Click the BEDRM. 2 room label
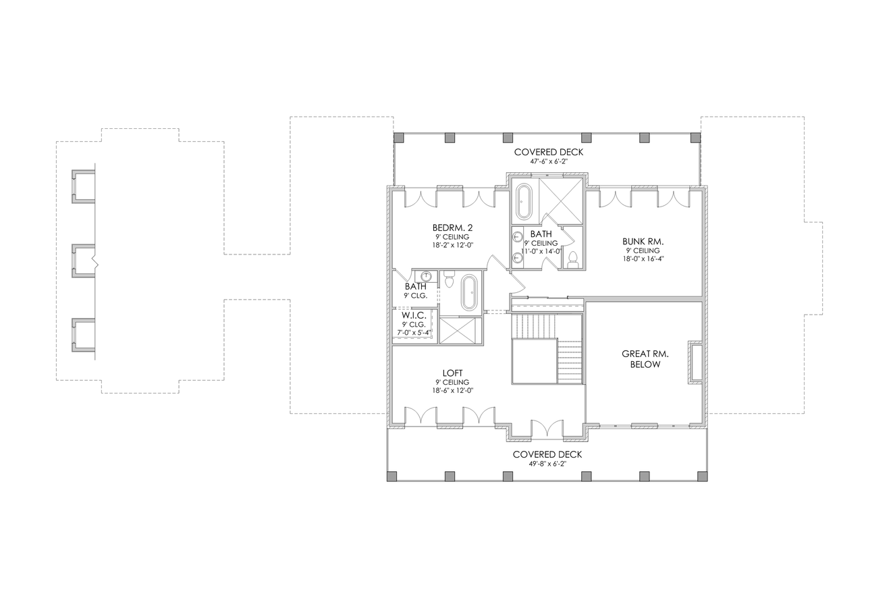point(452,227)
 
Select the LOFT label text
point(452,373)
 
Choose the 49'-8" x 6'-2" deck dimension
point(547,464)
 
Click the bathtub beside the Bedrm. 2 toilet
point(470,292)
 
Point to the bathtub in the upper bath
point(524,201)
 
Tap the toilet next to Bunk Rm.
point(573,259)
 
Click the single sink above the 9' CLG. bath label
point(427,276)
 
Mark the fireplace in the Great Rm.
point(695,363)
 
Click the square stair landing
point(534,361)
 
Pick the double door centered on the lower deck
point(547,429)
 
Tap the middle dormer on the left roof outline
point(84,261)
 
